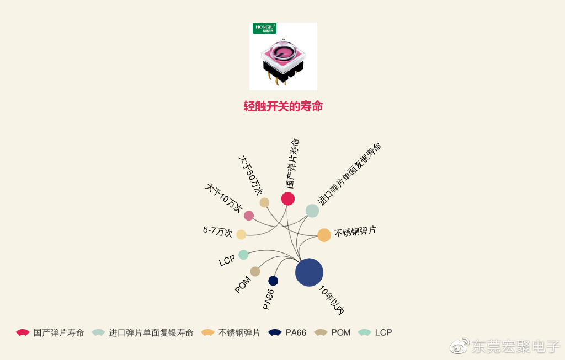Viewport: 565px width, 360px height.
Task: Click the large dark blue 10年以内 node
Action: click(309, 272)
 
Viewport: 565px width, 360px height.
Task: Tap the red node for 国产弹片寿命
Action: click(287, 198)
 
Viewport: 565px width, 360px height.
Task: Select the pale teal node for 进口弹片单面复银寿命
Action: click(312, 211)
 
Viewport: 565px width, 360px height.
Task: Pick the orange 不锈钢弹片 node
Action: click(324, 235)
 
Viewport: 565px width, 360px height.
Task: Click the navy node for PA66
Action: click(273, 281)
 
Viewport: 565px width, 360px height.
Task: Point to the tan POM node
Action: click(255, 271)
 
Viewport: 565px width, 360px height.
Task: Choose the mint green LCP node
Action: click(243, 255)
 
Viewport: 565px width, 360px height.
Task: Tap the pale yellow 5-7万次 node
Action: click(241, 234)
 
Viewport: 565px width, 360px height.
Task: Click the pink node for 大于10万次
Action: click(249, 216)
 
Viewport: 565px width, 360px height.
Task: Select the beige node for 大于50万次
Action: click(264, 202)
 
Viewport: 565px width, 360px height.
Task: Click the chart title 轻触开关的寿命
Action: click(283, 106)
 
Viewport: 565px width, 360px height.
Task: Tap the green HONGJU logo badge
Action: click(265, 28)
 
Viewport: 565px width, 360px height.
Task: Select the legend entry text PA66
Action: click(296, 332)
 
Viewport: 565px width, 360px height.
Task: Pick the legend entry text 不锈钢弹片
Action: click(239, 332)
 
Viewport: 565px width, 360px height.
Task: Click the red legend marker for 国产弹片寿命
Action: click(23, 332)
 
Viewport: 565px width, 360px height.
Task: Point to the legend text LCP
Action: click(383, 332)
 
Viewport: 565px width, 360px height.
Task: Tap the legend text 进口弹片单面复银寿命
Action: click(151, 332)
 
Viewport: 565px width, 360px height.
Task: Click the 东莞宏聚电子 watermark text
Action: click(515, 346)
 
